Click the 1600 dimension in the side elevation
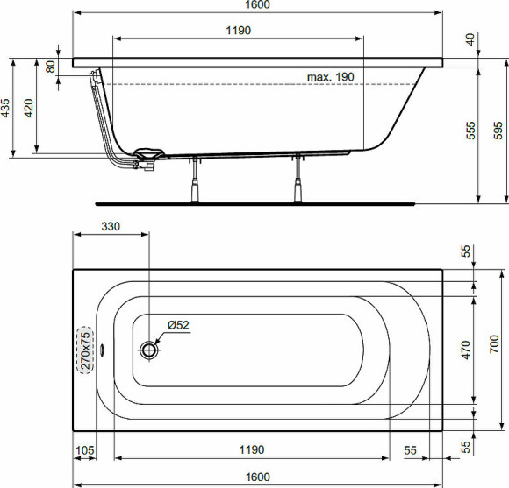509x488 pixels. [257, 5]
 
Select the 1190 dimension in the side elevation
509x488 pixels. [238, 31]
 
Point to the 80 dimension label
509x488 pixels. [51, 65]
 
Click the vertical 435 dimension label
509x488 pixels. [6, 108]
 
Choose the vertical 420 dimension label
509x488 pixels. [30, 108]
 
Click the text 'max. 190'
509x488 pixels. [330, 77]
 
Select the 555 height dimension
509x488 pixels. [470, 131]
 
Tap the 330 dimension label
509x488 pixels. [111, 226]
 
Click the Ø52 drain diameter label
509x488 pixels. [178, 325]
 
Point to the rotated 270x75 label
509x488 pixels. [85, 350]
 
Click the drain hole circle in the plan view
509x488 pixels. [149, 350]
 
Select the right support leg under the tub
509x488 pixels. [299, 180]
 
